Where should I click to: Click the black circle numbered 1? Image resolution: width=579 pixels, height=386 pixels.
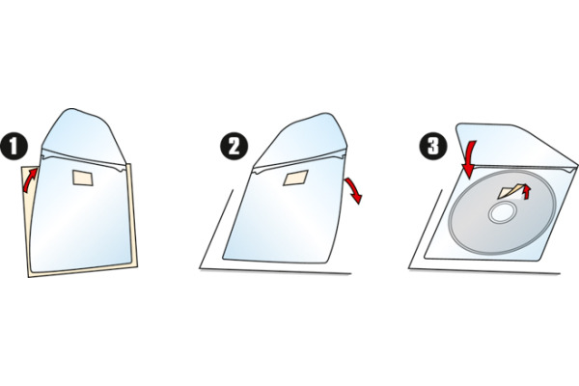pos(14,147)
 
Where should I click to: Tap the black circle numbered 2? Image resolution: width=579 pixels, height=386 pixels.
pos(234,147)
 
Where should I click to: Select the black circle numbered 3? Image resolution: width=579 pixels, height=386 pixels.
pos(433,147)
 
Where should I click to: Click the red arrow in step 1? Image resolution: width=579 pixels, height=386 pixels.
pos(30,179)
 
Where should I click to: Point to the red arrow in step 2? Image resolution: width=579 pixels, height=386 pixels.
pos(354,189)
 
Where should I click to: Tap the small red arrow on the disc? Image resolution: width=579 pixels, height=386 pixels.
pos(527,192)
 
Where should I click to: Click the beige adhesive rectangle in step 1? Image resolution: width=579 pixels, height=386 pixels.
pos(83,178)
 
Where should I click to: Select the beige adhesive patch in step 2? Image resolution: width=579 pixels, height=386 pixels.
pos(295,178)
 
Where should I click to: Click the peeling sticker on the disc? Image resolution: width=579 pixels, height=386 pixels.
pos(511,191)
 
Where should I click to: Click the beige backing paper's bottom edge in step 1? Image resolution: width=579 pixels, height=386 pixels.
pos(83,271)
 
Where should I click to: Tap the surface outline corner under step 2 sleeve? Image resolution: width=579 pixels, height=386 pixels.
pos(200,268)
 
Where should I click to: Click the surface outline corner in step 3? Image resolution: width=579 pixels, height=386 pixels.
pos(409,268)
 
